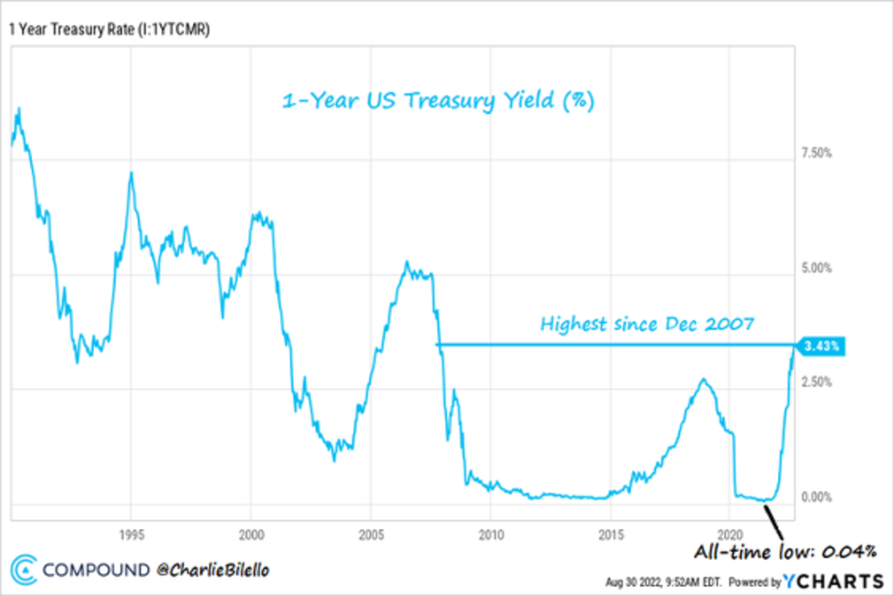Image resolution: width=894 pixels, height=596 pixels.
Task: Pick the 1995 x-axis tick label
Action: pyautogui.click(x=131, y=533)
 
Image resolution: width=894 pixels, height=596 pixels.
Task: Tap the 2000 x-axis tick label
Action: pyautogui.click(x=251, y=533)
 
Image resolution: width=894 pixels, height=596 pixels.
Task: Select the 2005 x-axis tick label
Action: pyautogui.click(x=371, y=533)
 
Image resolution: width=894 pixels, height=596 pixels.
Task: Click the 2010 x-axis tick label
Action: pyautogui.click(x=490, y=533)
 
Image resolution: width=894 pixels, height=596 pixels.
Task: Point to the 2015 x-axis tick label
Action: pyautogui.click(x=610, y=533)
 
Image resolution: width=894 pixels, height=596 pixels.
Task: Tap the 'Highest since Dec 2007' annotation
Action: pyautogui.click(x=647, y=324)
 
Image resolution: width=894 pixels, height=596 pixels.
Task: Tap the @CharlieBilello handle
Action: pyautogui.click(x=211, y=571)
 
